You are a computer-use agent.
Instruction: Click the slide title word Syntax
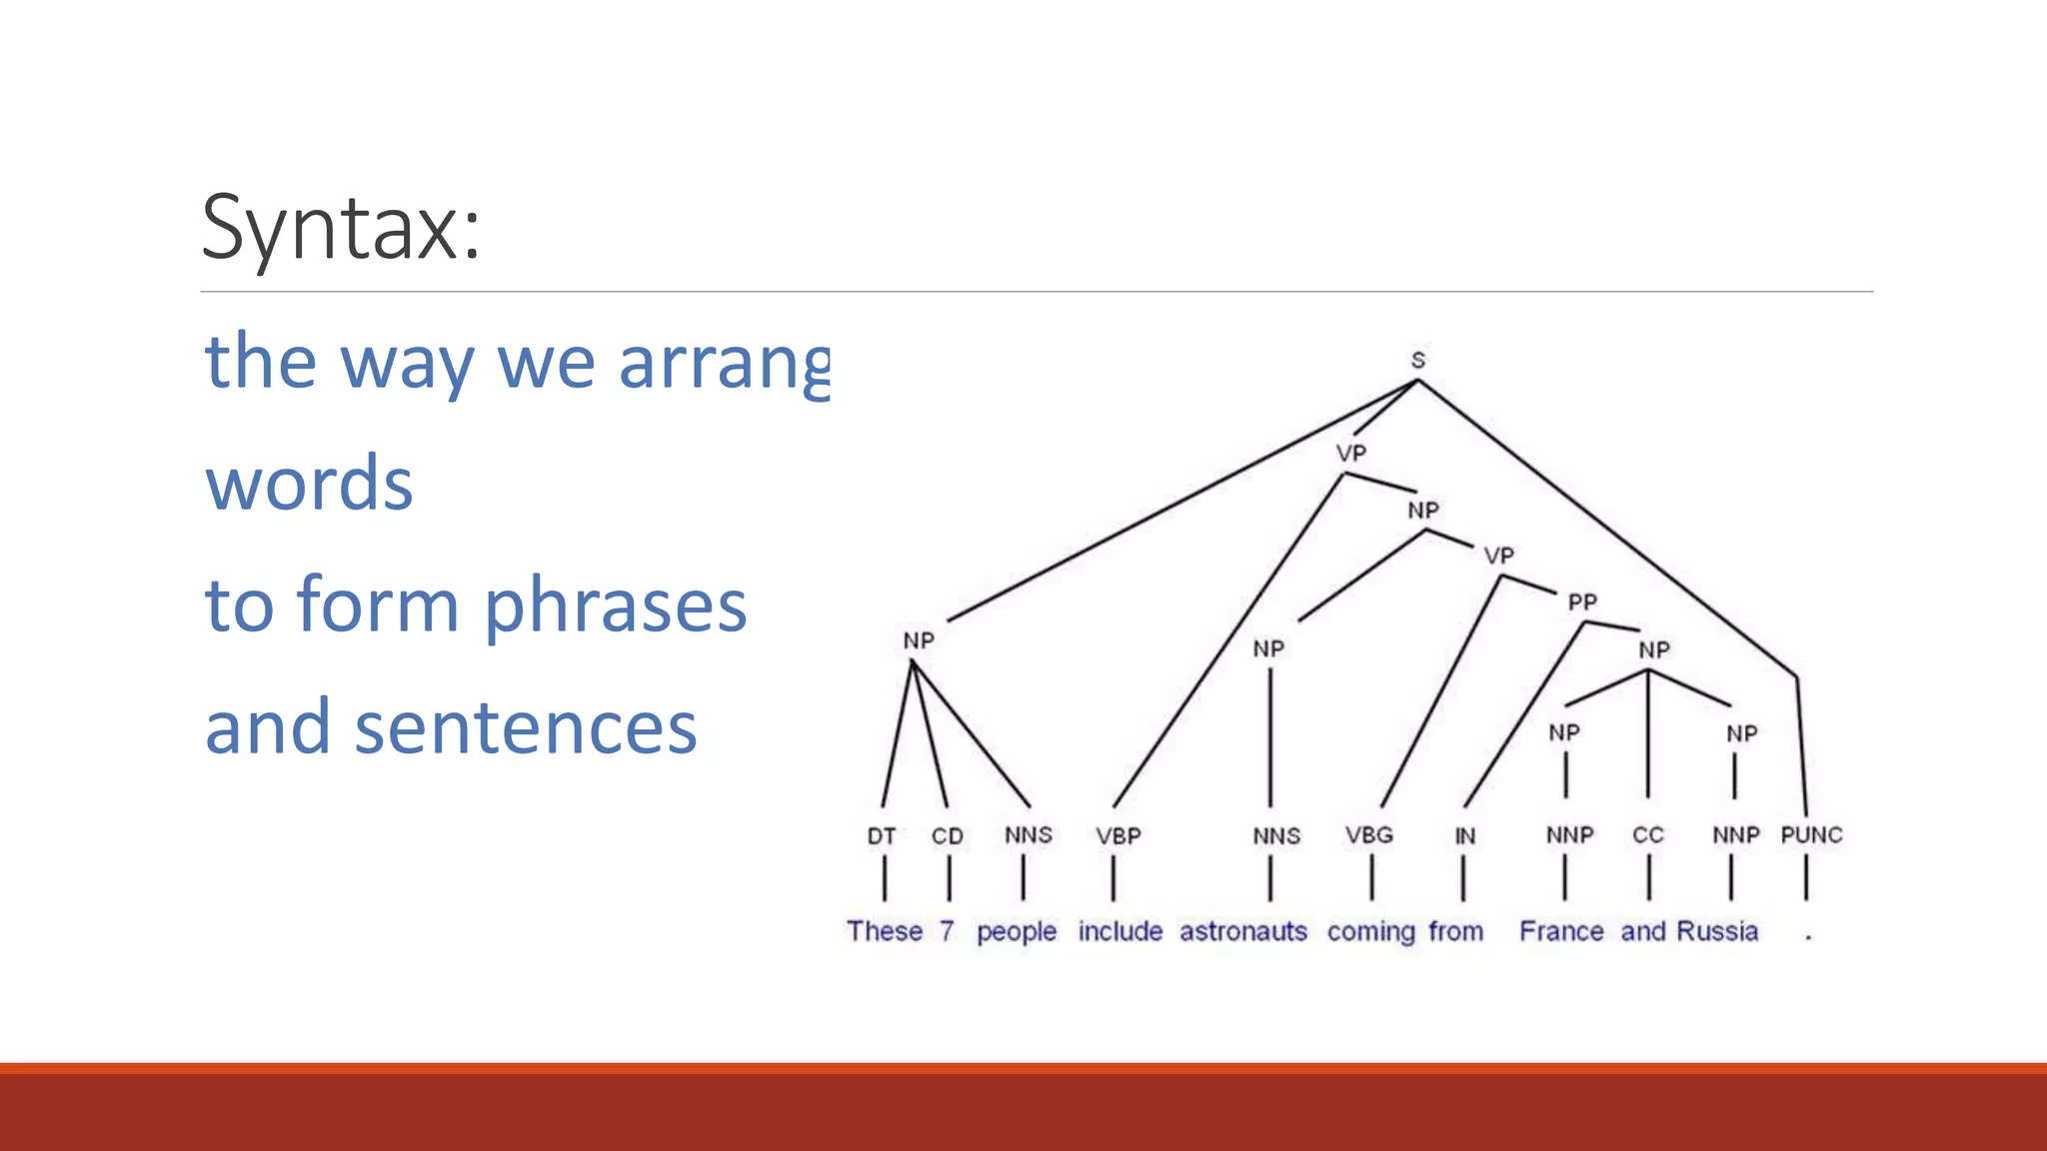340,228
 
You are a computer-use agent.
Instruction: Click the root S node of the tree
1417,360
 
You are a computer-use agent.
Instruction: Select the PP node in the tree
1582,601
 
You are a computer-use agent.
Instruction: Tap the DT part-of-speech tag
882,835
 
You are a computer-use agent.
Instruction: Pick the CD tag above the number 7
948,835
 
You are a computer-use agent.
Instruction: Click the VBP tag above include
1117,835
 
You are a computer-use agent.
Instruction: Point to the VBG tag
1368,835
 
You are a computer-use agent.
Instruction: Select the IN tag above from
1464,835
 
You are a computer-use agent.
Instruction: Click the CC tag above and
1648,835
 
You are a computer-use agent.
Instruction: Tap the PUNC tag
1811,835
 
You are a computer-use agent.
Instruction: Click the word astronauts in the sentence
1243,931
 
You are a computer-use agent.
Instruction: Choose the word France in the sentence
1561,931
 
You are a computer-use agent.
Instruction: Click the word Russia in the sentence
1717,931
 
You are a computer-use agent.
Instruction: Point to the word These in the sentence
885,931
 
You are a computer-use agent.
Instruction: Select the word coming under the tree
1371,931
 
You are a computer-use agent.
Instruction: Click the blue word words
309,484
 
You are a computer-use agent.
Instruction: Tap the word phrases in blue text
616,605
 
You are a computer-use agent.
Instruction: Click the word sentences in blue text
526,727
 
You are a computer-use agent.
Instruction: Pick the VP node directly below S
1350,453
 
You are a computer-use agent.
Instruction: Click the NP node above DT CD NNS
919,640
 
